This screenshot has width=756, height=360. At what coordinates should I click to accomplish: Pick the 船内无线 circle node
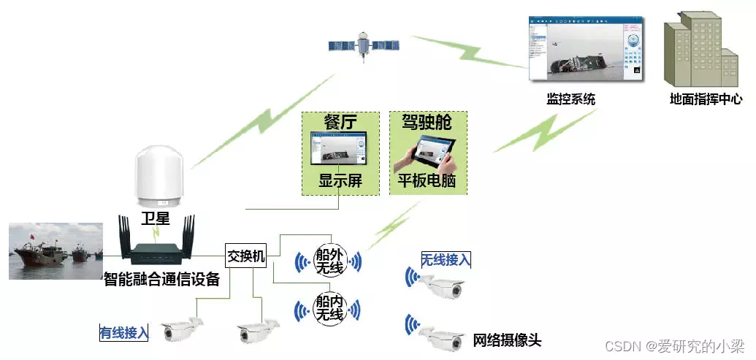328,309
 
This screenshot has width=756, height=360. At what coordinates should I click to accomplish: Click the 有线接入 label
124,333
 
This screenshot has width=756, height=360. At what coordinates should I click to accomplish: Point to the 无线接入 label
446,259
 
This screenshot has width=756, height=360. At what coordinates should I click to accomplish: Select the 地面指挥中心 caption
705,99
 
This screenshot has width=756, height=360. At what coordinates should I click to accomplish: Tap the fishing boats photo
56,251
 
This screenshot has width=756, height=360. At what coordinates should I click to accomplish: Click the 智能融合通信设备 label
161,279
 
